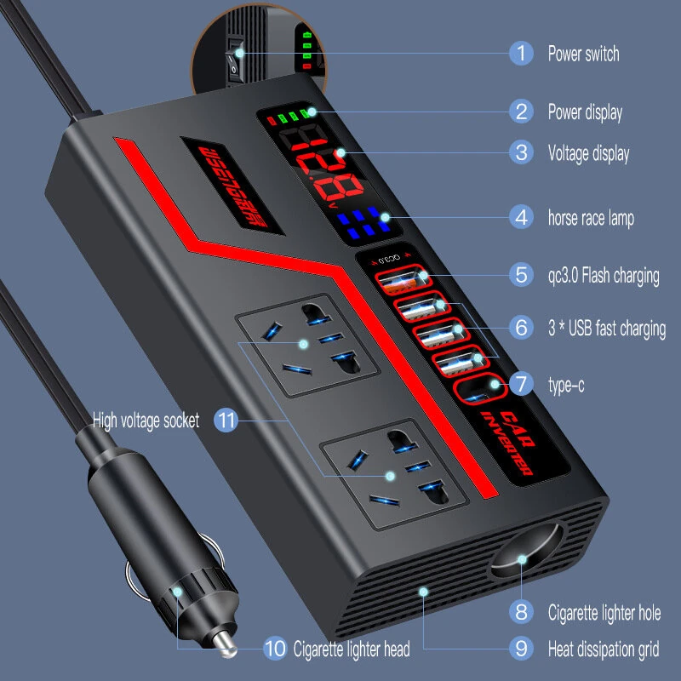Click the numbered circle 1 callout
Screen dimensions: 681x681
tap(521, 54)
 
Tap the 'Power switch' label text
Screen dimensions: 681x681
tap(583, 54)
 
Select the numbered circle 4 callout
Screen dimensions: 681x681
tap(521, 217)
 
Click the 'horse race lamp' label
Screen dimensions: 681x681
tap(591, 218)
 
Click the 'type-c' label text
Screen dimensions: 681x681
tap(566, 385)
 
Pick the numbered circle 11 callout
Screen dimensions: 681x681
tap(225, 420)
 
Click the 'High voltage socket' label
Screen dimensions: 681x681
tap(146, 420)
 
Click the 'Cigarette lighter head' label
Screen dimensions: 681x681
tap(351, 650)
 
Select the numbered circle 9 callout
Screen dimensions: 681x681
tap(521, 650)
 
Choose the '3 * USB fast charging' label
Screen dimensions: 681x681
tap(607, 327)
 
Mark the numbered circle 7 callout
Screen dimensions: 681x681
tap(521, 385)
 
